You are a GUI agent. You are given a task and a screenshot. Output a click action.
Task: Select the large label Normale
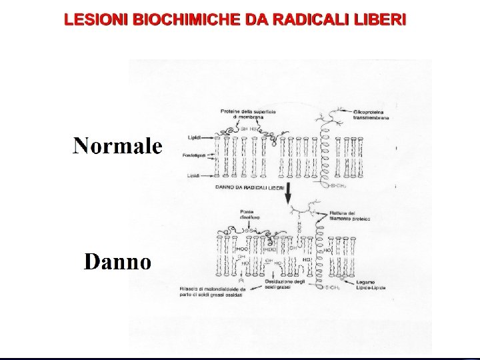click(117, 145)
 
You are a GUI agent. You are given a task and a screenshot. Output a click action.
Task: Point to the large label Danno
click(117, 261)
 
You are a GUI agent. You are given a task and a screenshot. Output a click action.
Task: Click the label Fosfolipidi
click(192, 155)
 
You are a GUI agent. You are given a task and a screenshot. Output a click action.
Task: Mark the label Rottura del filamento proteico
click(349, 216)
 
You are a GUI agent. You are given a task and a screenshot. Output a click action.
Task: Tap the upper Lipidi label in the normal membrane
click(194, 138)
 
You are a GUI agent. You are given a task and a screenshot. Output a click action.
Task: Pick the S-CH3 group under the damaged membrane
click(333, 287)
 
